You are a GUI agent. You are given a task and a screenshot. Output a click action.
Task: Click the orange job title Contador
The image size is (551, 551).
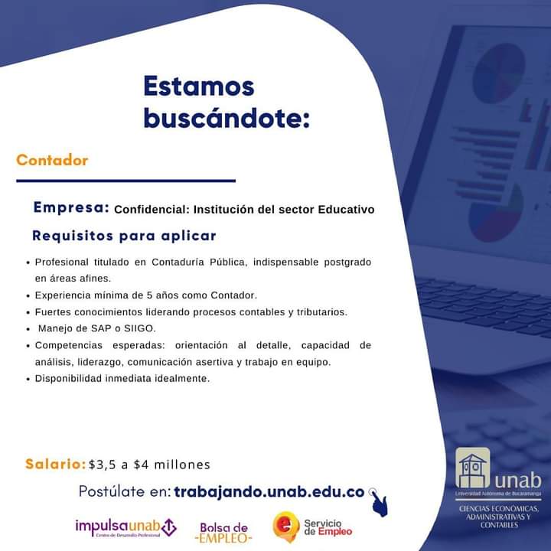click(x=52, y=160)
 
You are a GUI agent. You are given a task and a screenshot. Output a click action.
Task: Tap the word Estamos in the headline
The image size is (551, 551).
click(x=199, y=86)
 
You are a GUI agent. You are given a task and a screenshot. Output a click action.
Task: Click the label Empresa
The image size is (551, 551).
click(x=71, y=207)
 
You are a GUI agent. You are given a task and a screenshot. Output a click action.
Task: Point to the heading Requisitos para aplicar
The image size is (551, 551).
click(x=124, y=236)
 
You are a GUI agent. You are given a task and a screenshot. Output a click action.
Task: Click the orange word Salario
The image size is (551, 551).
click(x=56, y=464)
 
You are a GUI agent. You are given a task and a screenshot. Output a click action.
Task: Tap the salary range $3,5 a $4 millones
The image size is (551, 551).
click(x=149, y=465)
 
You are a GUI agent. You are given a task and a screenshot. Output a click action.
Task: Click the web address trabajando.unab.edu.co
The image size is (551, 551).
click(x=269, y=491)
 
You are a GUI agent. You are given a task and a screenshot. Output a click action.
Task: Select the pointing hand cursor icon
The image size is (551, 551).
click(x=379, y=503)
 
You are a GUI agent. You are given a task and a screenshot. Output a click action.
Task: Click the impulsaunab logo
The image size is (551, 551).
click(x=126, y=527)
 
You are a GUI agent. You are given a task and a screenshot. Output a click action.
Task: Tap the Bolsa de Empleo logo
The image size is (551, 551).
click(x=223, y=533)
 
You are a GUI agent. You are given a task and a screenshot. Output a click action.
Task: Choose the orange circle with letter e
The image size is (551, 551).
click(x=286, y=526)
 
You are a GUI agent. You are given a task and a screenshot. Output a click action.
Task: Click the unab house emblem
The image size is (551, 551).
click(x=473, y=468)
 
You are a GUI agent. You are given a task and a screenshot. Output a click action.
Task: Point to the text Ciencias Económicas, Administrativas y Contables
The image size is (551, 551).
click(x=499, y=517)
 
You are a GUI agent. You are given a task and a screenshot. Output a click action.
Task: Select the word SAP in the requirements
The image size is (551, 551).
click(x=101, y=328)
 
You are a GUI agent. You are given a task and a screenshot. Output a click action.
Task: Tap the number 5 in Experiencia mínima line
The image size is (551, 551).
click(x=149, y=295)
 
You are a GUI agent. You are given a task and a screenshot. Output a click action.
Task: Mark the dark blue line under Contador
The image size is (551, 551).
click(x=126, y=181)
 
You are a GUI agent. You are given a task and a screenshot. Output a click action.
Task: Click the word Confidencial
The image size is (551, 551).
click(x=152, y=210)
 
